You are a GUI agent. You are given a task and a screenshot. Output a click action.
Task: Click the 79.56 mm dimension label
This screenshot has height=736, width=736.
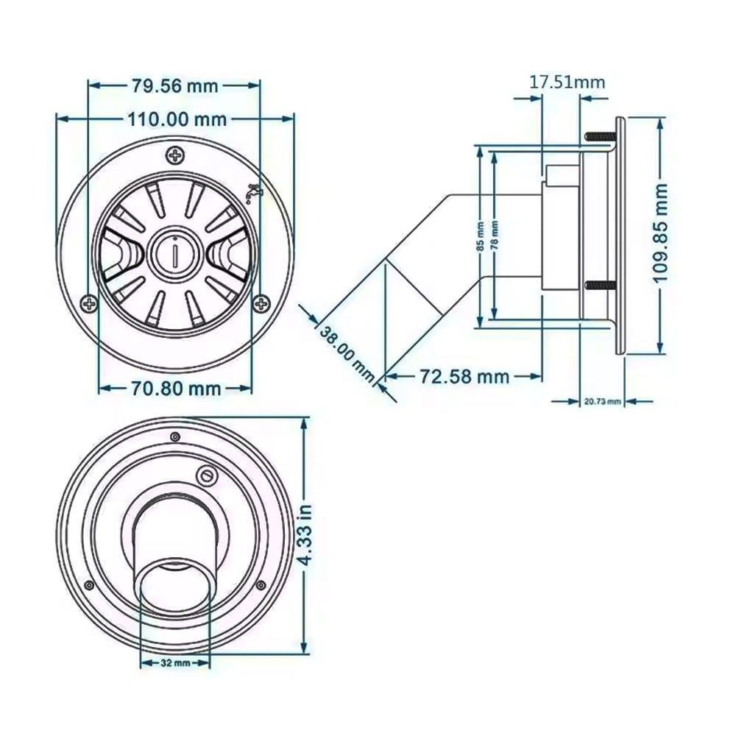point(174,86)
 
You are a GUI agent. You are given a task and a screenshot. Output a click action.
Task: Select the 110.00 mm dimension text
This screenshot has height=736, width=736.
point(177,120)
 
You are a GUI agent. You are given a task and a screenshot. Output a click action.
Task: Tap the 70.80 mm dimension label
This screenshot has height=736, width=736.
point(176,389)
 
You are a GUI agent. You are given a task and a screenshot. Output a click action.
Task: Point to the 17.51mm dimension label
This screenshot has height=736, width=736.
point(567,82)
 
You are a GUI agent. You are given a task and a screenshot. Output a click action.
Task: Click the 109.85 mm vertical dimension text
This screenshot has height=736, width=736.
point(662,233)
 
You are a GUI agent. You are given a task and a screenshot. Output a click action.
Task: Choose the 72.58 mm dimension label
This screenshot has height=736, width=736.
point(464,376)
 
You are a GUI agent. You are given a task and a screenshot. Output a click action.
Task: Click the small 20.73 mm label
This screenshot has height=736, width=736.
point(602,402)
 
